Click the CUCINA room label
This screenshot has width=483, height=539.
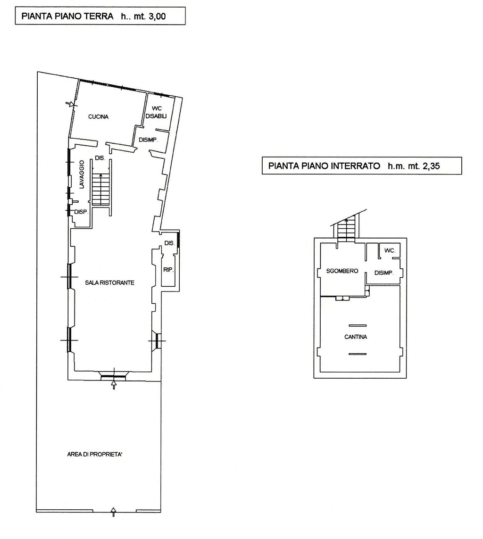tap(98, 116)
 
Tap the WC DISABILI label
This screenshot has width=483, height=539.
tap(156, 112)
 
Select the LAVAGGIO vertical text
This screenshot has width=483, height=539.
tap(82, 174)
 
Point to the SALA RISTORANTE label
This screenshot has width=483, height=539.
tap(109, 282)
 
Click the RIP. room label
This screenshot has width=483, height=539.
tap(168, 270)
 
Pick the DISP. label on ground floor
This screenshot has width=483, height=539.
tap(81, 212)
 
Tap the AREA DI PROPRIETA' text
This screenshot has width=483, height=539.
tap(95, 455)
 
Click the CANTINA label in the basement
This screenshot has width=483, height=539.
tap(356, 337)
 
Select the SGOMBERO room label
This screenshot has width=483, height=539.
tap(342, 271)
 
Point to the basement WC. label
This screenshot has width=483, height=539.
tap(390, 250)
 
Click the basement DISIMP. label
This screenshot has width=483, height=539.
tap(384, 273)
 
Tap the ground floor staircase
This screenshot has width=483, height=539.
tap(100, 189)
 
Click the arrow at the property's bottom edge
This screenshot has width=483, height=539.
tap(114, 511)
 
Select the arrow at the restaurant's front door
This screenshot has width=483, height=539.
tap(114, 384)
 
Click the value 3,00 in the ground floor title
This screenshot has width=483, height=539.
tap(157, 17)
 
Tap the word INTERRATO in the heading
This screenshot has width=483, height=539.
tap(358, 166)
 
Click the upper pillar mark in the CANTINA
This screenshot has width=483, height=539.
tap(358, 325)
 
